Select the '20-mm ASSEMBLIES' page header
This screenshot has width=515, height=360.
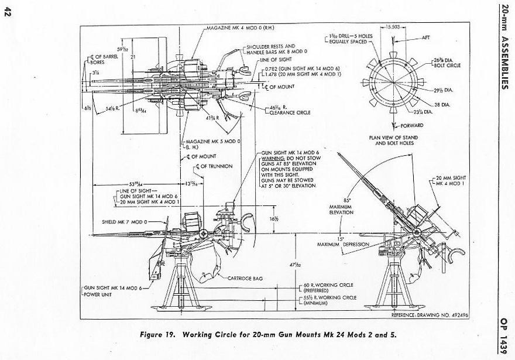coord(504,47)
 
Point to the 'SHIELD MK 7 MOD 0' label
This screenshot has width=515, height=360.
coord(125,222)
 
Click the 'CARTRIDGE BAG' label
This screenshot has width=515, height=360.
coord(243,278)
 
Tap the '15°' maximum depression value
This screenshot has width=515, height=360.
coord(339,239)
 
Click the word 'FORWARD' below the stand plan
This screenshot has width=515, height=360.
coord(412,125)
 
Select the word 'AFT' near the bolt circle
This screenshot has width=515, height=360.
coord(425,37)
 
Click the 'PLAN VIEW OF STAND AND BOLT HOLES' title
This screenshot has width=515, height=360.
coord(393,140)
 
